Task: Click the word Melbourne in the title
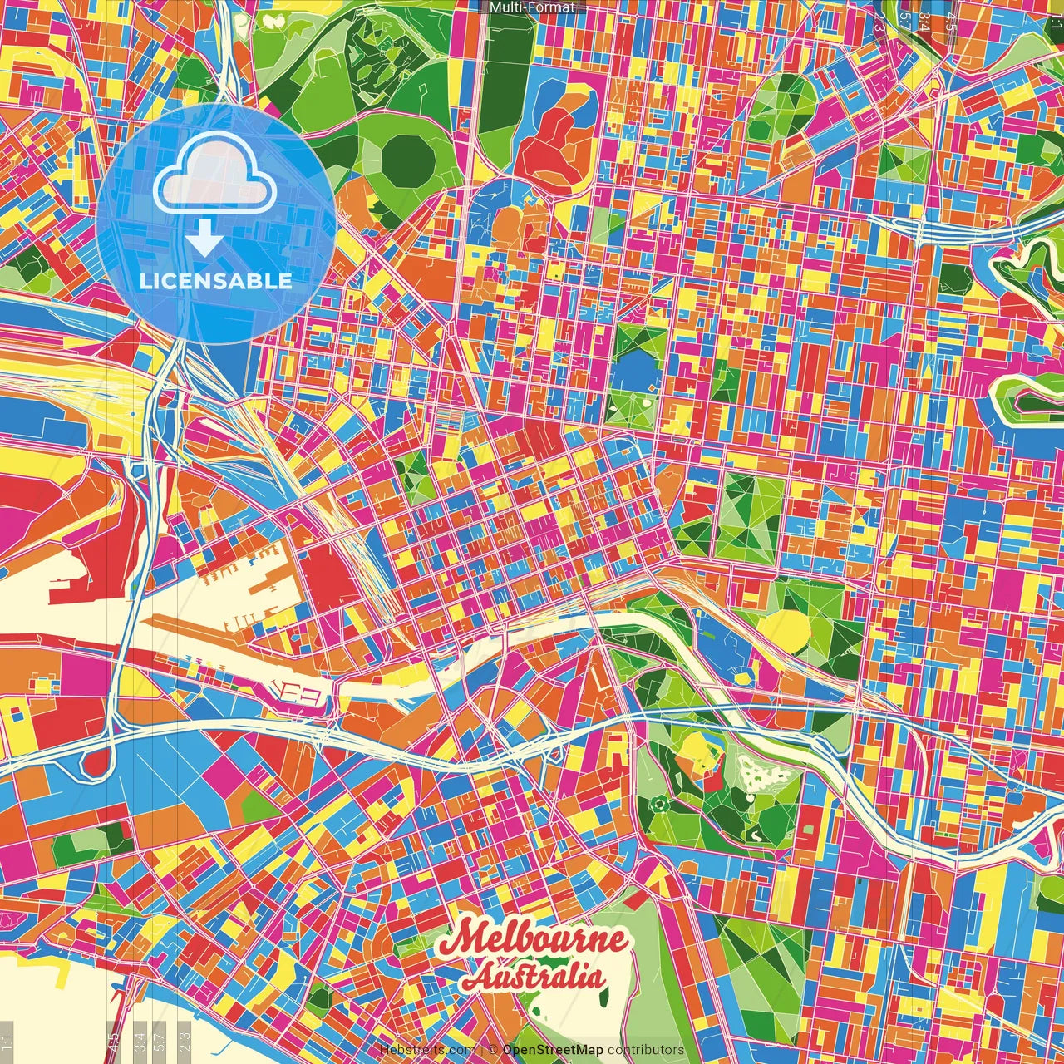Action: [534, 939]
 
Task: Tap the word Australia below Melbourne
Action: [534, 976]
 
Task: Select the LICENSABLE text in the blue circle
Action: [216, 281]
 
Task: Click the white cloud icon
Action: [214, 173]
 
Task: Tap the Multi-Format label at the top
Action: [532, 7]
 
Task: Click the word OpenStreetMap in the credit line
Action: [553, 1050]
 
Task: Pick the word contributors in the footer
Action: [646, 1050]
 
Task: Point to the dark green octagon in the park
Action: [407, 160]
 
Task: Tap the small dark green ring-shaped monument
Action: [659, 804]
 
